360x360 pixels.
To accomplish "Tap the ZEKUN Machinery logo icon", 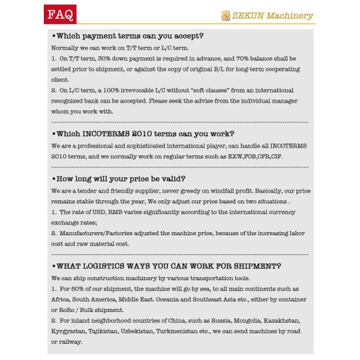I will (x=226, y=14).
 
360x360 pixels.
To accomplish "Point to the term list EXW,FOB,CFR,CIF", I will (x=248, y=156).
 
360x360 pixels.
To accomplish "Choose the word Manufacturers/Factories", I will (x=95, y=233).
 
